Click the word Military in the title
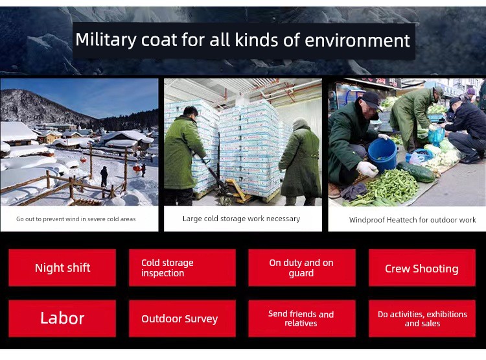pos(106,40)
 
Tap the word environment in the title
pos(357,41)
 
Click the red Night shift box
pos(62,267)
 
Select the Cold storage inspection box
pos(182,267)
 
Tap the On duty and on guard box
pos(302,267)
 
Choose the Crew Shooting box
pos(422,267)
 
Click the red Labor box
pos(62,318)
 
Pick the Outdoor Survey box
pos(182,318)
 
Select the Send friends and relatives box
pos(302,318)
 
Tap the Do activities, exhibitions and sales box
pos(422,318)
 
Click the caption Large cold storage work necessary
pos(242,219)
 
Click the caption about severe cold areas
pos(76,219)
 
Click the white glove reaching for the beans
pos(367,169)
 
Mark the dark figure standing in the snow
pos(104,176)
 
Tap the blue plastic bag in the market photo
pos(436,136)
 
